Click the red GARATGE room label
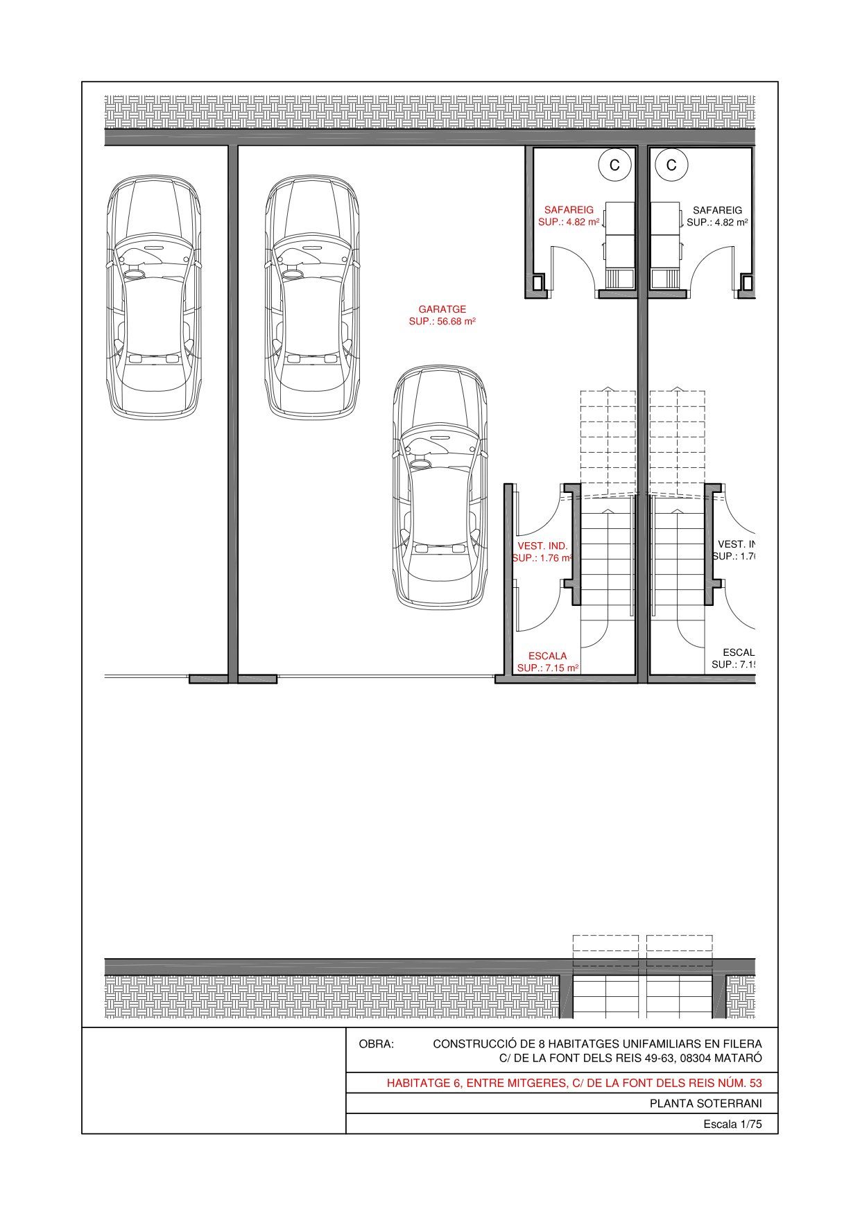[442, 309]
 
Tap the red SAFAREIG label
[569, 209]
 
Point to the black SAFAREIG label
[717, 210]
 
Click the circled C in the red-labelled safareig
[614, 165]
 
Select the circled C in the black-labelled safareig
[671, 165]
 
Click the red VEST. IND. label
[542, 546]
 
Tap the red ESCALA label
[547, 656]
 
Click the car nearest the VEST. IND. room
[440, 487]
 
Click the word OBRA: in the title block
[376, 1044]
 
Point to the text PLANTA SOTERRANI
[705, 1104]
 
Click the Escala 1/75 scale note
[732, 1124]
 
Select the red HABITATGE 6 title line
[574, 1083]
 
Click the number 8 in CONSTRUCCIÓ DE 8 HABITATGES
[536, 1044]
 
